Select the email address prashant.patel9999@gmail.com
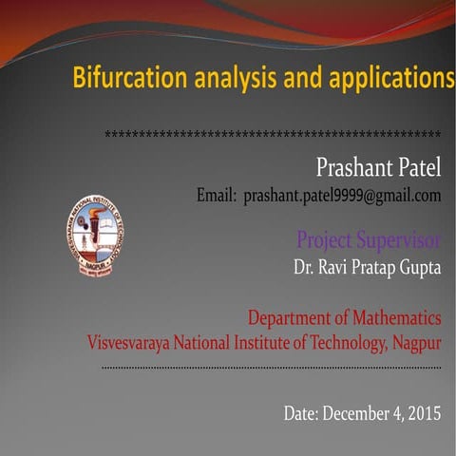343,197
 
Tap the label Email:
216,197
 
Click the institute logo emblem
95,236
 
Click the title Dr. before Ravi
304,268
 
